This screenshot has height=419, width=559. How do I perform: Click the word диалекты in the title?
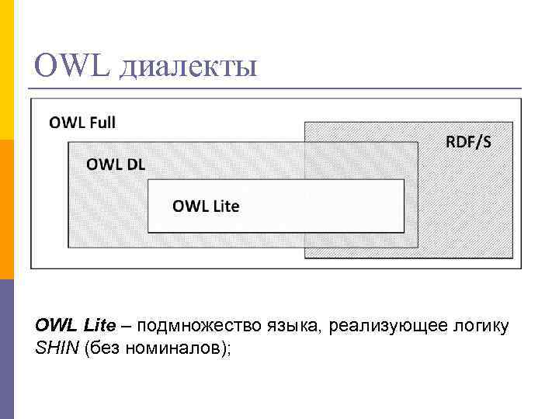point(188,67)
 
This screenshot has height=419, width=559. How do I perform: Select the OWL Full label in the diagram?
point(82,123)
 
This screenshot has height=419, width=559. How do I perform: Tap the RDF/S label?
point(468,142)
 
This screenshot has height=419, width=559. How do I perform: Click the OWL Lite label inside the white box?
point(206,206)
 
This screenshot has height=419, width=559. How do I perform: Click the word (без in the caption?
point(101,347)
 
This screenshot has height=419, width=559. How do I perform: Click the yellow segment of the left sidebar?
point(6,70)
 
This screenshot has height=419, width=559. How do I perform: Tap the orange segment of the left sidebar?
point(6,209)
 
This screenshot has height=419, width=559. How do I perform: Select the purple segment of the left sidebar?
point(6,349)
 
